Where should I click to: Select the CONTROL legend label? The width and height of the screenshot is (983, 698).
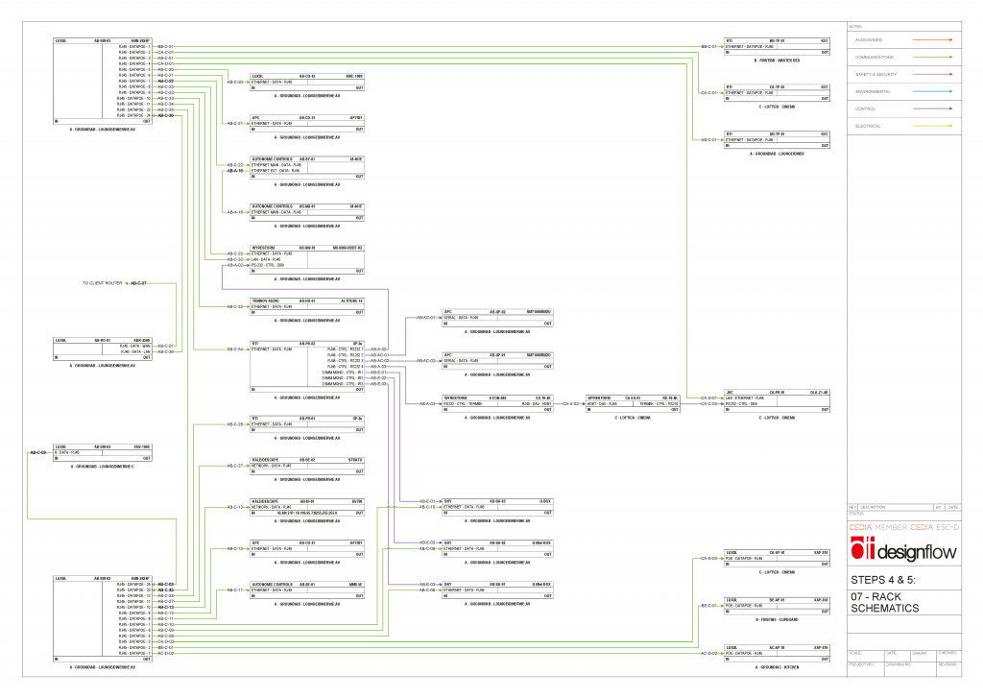pos(868,108)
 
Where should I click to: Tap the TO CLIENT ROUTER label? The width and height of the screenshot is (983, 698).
pos(103,284)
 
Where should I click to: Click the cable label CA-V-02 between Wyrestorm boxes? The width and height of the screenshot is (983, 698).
pos(571,404)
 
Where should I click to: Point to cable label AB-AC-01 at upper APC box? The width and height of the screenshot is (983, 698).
pos(425,317)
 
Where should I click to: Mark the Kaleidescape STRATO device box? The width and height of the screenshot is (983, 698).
pos(306,466)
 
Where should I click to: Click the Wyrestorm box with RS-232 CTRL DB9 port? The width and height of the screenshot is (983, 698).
pos(306,259)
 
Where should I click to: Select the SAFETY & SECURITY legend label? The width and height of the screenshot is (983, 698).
pos(875,74)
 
